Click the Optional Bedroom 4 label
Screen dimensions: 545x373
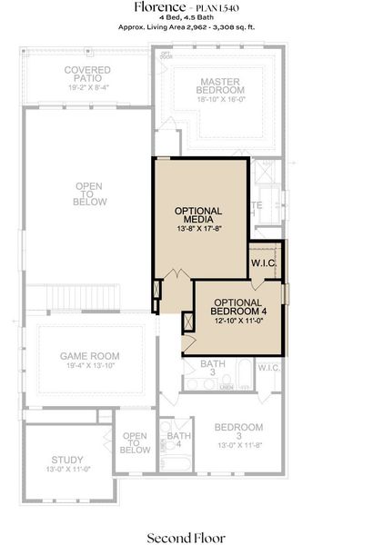(x=238, y=307)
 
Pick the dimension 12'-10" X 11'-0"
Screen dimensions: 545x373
(x=238, y=322)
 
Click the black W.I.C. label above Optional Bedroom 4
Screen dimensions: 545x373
(x=263, y=263)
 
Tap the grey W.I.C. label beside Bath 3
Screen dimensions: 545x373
(x=268, y=368)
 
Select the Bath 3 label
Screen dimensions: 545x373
(x=194, y=368)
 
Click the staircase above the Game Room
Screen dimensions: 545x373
(x=73, y=297)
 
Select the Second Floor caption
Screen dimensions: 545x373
(x=186, y=537)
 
